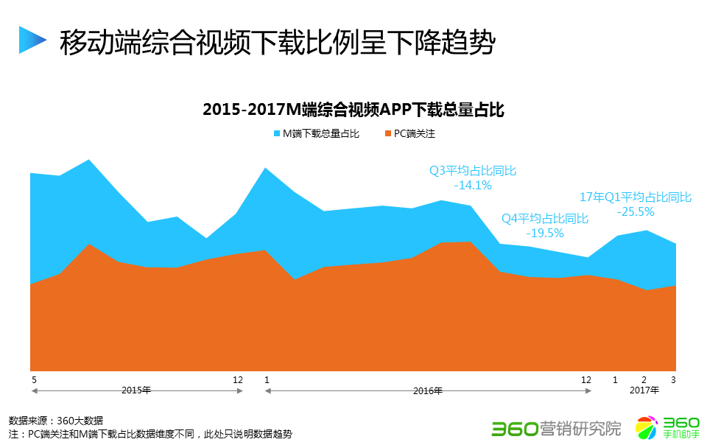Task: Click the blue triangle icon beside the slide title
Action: point(32,41)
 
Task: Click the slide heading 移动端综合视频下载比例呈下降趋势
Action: point(277,42)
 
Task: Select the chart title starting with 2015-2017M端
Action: point(353,110)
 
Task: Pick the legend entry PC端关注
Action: point(415,134)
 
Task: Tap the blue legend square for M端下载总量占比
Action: point(277,134)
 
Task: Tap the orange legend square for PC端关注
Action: point(387,134)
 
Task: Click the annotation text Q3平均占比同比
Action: point(473,171)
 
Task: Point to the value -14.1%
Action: point(473,185)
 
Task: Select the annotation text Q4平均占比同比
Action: point(545,219)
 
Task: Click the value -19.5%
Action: point(545,233)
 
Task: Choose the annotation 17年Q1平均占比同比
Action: point(636,197)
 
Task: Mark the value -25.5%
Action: point(636,211)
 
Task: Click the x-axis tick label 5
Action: point(34,380)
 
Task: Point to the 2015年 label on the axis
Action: point(136,390)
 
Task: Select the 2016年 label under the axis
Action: point(428,390)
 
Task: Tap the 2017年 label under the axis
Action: point(644,390)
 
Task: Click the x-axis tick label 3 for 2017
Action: point(672,380)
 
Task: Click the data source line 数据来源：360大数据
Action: point(56,421)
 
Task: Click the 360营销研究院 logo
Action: point(556,427)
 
